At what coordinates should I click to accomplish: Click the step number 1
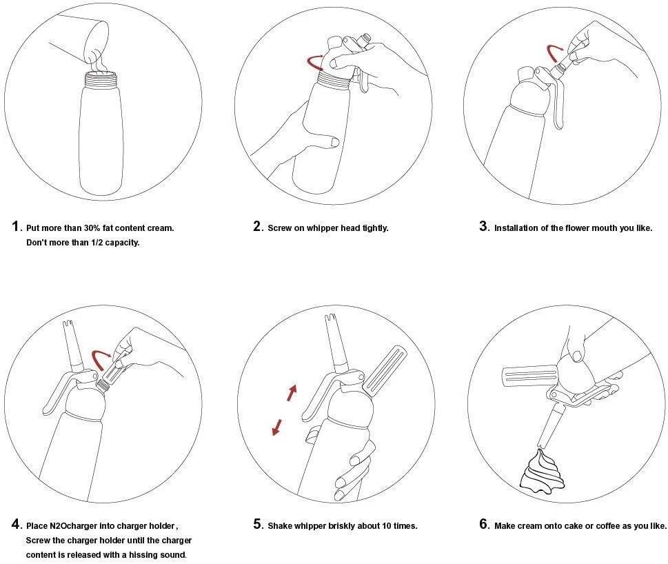tap(16, 226)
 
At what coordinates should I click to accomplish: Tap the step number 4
tap(16, 524)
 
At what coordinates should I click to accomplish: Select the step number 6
tap(483, 524)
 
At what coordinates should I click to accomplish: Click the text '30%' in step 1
tap(92, 228)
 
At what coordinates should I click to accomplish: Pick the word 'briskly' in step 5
tap(342, 526)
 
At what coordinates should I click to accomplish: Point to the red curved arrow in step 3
tap(555, 53)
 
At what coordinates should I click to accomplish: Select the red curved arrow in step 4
tap(101, 359)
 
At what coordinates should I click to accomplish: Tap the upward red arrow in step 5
tap(292, 392)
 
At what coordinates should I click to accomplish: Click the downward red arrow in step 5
tap(277, 427)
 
